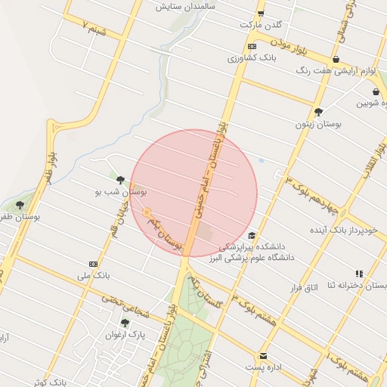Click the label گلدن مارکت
255,25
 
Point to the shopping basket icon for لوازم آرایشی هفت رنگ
336,60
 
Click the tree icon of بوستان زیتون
318,111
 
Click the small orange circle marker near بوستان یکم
147,212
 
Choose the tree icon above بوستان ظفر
20,205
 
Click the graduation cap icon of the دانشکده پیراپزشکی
252,235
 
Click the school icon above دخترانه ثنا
359,274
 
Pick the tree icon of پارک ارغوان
125,323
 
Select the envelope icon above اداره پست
263,355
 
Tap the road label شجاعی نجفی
148,303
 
